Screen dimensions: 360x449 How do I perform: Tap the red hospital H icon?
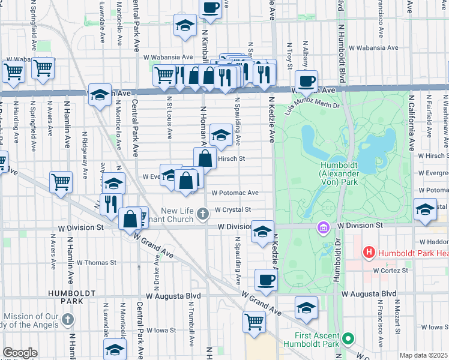pyautogui.click(x=369, y=253)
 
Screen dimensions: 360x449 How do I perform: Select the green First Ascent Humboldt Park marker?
pyautogui.click(x=347, y=340)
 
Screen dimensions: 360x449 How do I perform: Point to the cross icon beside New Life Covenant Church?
pyautogui.click(x=203, y=212)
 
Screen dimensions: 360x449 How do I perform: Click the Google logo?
pyautogui.click(x=20, y=353)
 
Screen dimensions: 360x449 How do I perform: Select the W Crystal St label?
pyautogui.click(x=231, y=209)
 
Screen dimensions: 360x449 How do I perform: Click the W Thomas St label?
pyautogui.click(x=97, y=263)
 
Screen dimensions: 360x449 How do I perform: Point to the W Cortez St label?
pyautogui.click(x=390, y=270)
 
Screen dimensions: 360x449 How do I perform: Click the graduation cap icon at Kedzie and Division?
pyautogui.click(x=262, y=231)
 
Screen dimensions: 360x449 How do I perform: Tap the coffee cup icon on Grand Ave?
pyautogui.click(x=265, y=279)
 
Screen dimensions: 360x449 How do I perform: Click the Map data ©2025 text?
pyautogui.click(x=423, y=355)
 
